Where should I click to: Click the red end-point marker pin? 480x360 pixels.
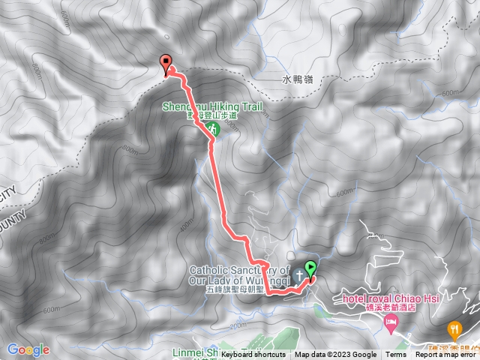166,64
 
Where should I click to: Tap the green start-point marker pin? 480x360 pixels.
310,268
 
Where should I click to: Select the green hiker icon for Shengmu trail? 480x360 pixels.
212,129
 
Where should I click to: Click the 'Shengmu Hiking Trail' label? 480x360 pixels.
213,107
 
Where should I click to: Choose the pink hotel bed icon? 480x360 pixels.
390,324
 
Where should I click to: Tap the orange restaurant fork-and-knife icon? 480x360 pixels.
454,328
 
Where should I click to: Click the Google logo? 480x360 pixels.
28,349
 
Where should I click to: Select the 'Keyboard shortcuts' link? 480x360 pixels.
253,355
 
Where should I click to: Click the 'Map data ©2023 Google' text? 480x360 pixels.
335,355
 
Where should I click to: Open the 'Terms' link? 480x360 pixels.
396,355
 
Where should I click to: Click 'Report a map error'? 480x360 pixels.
447,355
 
